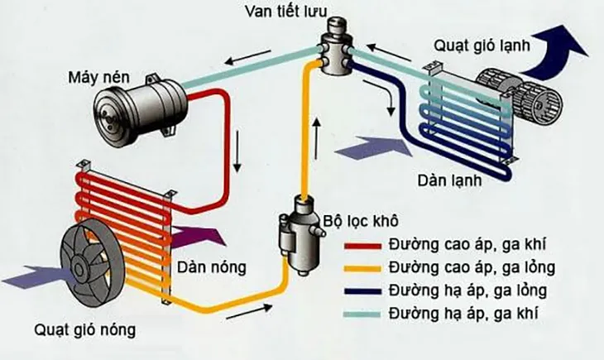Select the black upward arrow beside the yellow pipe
tap(315, 132)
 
